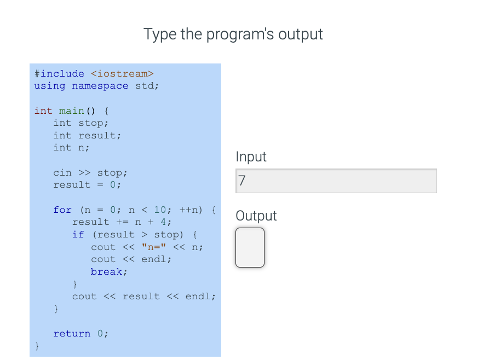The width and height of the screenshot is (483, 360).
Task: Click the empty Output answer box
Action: pyautogui.click(x=250, y=247)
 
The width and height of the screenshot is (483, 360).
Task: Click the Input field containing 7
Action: pyautogui.click(x=336, y=181)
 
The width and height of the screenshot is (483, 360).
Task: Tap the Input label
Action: pyautogui.click(x=251, y=156)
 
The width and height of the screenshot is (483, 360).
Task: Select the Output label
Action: pyautogui.click(x=256, y=216)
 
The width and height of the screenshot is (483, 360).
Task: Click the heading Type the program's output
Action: pyautogui.click(x=233, y=34)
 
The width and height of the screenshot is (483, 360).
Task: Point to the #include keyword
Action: pyautogui.click(x=59, y=73)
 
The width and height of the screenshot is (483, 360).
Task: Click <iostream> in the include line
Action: pyautogui.click(x=122, y=73)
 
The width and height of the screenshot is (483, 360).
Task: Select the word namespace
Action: pyautogui.click(x=100, y=86)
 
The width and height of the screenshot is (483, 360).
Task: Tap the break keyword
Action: pyautogui.click(x=109, y=271)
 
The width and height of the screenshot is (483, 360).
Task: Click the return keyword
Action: pyautogui.click(x=72, y=333)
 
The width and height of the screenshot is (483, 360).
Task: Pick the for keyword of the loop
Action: pyautogui.click(x=62, y=210)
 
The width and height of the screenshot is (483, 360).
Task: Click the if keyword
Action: pyautogui.click(x=78, y=234)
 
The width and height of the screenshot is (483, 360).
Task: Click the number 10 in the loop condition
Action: pyautogui.click(x=160, y=210)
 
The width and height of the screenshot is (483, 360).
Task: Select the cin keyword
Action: pyautogui.click(x=62, y=172)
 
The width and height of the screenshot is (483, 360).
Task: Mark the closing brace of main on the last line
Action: pyautogui.click(x=37, y=346)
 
